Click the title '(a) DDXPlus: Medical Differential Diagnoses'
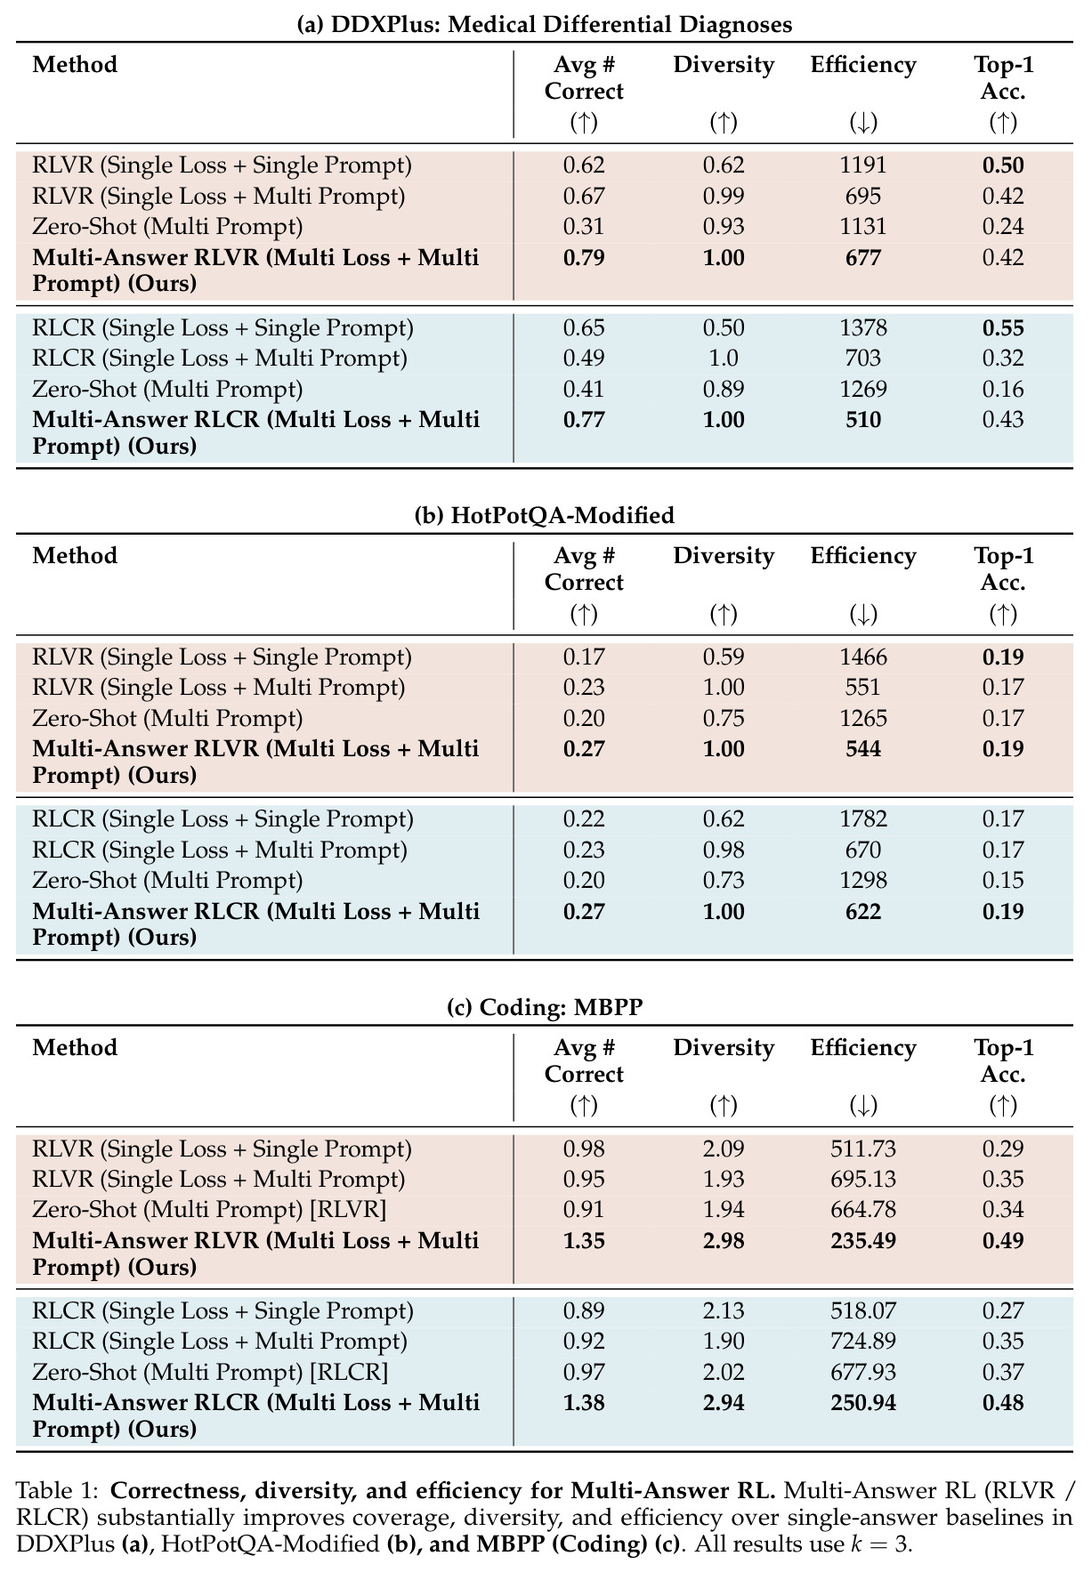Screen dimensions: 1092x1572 (x=545, y=24)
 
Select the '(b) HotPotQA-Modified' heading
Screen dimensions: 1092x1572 (x=545, y=515)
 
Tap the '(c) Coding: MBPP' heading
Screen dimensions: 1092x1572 (x=545, y=1007)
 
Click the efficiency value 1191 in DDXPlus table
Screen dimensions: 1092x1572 (x=863, y=165)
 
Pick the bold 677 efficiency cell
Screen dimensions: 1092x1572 (x=863, y=258)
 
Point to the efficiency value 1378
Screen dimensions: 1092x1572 (x=863, y=328)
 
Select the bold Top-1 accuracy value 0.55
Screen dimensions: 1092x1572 (x=1003, y=328)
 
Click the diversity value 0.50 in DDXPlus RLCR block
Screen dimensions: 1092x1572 (x=724, y=328)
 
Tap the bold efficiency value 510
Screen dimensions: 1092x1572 (x=863, y=420)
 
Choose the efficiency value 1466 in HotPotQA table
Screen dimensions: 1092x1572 (x=863, y=657)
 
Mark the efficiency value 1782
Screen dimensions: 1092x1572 (x=863, y=819)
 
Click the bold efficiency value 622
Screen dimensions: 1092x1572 (x=863, y=912)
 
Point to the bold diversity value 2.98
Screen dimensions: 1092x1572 (x=724, y=1241)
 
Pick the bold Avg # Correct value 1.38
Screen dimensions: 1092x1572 (x=584, y=1403)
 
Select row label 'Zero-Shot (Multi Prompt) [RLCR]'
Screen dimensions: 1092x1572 (x=210, y=1372)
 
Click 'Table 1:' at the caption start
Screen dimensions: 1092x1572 (x=57, y=1490)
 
